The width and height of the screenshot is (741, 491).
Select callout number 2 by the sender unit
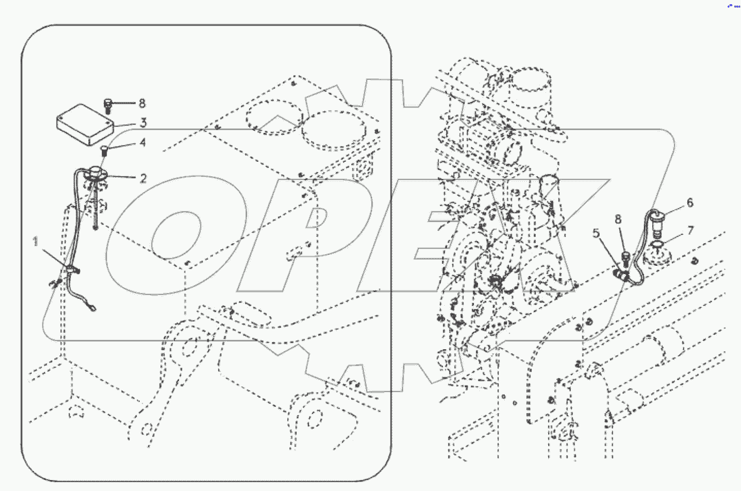(x=143, y=178)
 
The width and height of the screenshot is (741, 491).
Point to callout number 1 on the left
(x=34, y=240)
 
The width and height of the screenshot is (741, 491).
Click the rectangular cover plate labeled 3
(x=84, y=125)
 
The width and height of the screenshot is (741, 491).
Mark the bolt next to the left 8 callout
(x=108, y=105)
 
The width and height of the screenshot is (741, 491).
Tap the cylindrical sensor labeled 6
(x=657, y=221)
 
